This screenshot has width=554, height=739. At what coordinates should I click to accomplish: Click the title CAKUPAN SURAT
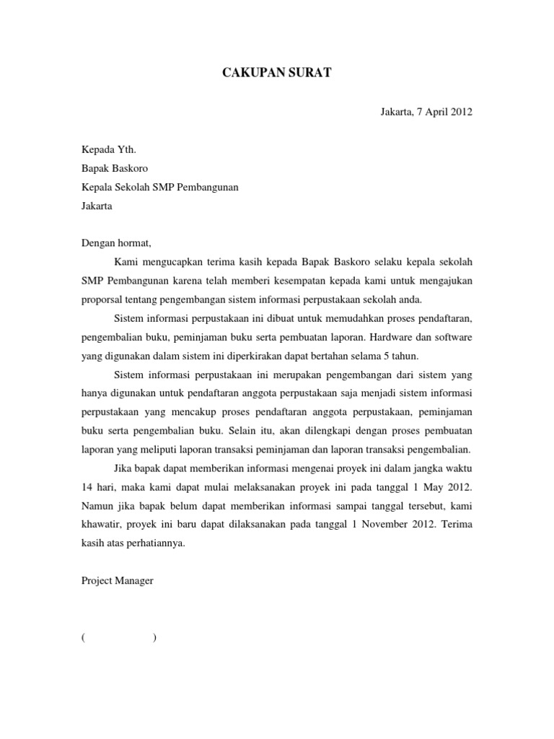(x=277, y=73)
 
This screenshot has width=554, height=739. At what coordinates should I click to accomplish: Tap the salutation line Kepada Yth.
(x=108, y=149)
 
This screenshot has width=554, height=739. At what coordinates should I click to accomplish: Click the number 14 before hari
(x=87, y=486)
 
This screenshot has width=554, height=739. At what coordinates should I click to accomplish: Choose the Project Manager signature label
(x=117, y=580)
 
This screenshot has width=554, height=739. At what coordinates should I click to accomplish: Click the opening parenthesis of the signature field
(x=84, y=637)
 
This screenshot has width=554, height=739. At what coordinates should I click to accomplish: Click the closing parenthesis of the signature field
(x=155, y=637)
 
